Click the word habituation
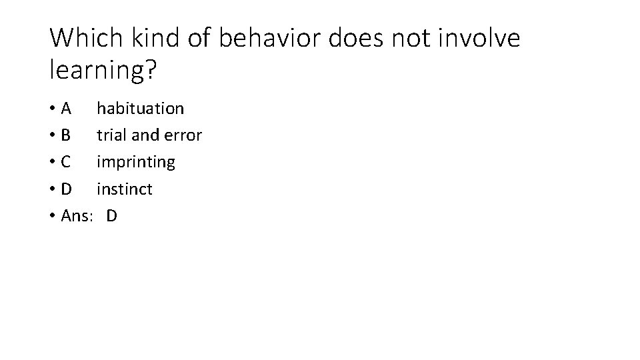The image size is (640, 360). pos(140,108)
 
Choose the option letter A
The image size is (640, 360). pos(66,108)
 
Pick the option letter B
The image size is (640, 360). pos(66,135)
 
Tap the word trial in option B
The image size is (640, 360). pos(112,135)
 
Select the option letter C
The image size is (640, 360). pos(66,162)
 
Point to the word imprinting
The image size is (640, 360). pos(136,162)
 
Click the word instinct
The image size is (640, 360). pos(125,189)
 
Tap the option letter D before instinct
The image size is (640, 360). pos(67,189)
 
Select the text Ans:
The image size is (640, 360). pos(76,216)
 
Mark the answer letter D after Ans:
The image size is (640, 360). pos(111,216)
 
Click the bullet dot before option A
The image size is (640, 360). pos(53,109)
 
